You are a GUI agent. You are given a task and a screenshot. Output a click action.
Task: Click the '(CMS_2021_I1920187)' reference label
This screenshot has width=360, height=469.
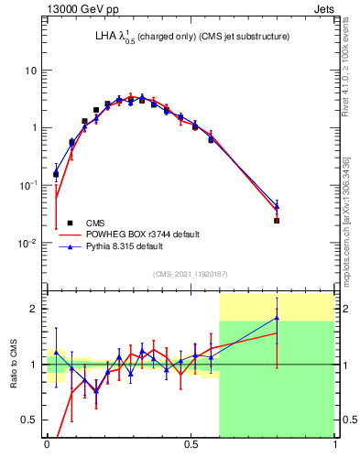tap(190, 274)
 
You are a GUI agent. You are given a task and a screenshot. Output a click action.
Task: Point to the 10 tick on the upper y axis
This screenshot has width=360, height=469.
tap(31, 71)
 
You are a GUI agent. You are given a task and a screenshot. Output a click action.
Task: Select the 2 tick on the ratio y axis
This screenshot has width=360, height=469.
tap(34, 309)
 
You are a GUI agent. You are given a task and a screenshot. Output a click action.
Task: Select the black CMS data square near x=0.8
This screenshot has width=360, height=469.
tap(277, 221)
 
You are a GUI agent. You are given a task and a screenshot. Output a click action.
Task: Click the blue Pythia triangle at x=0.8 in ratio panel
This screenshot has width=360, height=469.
tap(277, 319)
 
